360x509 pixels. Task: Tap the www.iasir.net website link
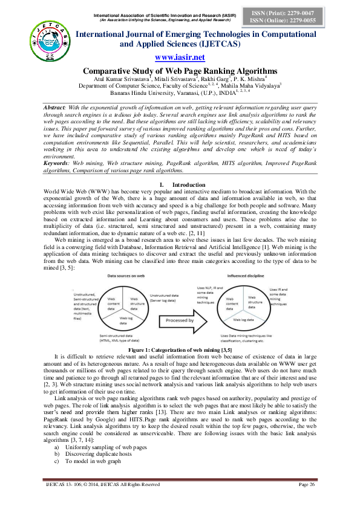[180, 57]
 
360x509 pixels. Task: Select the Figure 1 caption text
[180, 350]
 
